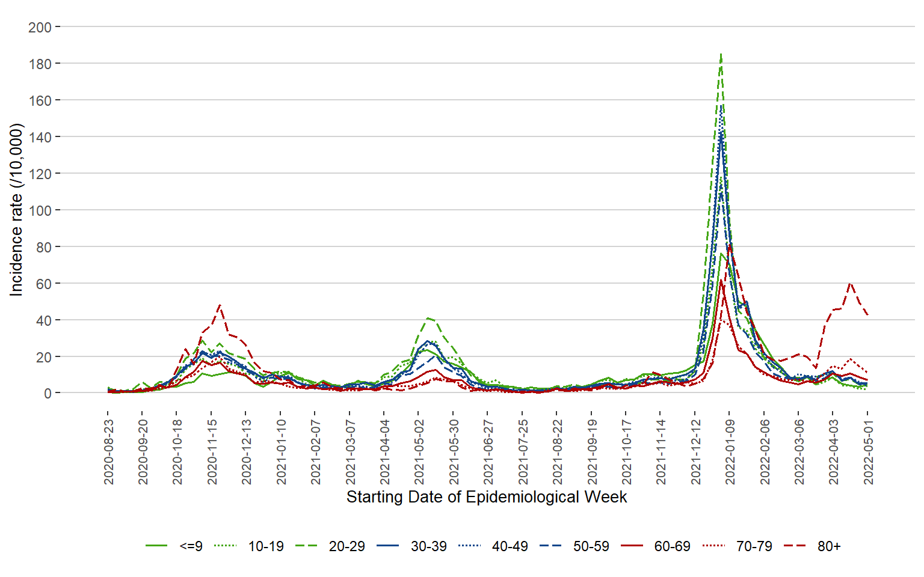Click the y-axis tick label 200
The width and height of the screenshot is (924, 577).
(40, 27)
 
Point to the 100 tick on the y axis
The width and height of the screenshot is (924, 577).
(40, 210)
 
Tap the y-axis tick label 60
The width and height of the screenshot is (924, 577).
(43, 284)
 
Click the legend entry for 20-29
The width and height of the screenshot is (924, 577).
(346, 546)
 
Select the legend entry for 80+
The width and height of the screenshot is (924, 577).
(828, 546)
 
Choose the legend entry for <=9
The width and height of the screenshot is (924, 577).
(191, 546)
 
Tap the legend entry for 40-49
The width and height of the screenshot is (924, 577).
(510, 546)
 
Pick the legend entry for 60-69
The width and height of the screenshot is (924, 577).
(672, 546)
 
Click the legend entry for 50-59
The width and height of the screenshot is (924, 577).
(591, 546)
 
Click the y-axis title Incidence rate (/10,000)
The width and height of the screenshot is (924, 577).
(16, 210)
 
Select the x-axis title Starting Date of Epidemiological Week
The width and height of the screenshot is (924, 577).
(487, 497)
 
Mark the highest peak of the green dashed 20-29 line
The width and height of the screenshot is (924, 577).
(721, 54)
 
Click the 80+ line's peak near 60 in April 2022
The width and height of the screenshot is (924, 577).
(850, 282)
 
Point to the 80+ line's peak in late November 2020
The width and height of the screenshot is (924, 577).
(220, 305)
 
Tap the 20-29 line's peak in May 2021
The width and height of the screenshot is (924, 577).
(428, 318)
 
